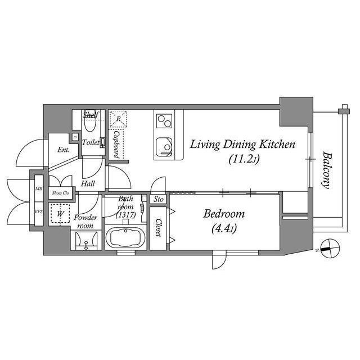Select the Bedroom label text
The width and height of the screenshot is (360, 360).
click(x=224, y=214)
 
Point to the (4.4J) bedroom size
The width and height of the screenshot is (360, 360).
click(x=224, y=229)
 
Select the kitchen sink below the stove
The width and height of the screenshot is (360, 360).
click(x=164, y=145)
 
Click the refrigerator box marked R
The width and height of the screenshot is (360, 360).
click(x=118, y=118)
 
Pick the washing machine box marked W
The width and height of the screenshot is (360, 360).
click(x=59, y=214)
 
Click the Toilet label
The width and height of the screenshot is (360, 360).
click(x=91, y=143)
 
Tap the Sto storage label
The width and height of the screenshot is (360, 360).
click(x=159, y=200)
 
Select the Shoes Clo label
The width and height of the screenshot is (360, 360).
click(x=60, y=193)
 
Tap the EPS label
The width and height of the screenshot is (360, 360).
click(x=38, y=212)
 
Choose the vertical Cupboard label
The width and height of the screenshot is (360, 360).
click(x=115, y=144)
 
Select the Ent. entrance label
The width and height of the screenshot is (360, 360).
click(x=63, y=150)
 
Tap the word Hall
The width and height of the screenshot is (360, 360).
click(x=88, y=183)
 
